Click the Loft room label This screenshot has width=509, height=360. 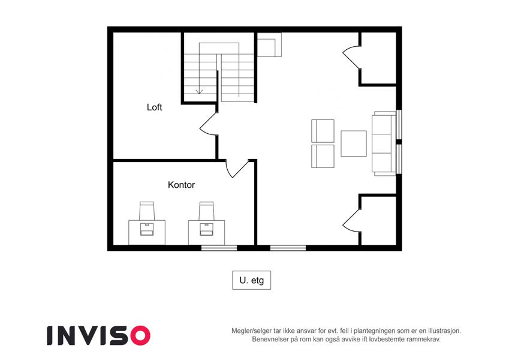coord(154,107)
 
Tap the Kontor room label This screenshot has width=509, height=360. coord(181,185)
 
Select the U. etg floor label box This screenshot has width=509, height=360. coord(252,280)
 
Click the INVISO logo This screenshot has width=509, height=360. coord(99,335)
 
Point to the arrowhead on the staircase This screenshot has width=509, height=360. coord(199,92)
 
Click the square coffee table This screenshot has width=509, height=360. coord(354,143)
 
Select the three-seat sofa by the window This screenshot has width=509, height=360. coord(384,143)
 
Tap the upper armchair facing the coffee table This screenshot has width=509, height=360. coord(323,131)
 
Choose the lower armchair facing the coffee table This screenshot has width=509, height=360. coord(323,156)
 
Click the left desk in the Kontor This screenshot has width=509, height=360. coord(147,232)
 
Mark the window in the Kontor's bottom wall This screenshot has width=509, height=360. coord(219,248)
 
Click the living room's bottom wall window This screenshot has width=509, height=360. coord(288,248)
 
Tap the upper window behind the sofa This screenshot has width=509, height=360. coord(399,125)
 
